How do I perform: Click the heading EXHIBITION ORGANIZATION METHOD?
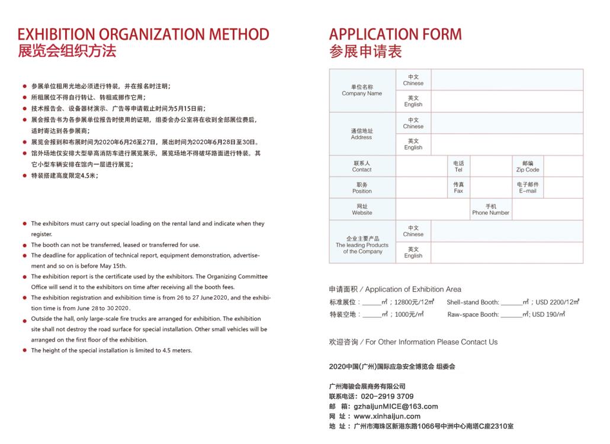[x=143, y=34]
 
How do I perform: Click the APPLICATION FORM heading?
[x=395, y=34]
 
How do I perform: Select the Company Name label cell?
[x=362, y=90]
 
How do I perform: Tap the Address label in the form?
[x=361, y=134]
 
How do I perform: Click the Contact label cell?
[x=362, y=166]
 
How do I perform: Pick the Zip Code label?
[x=527, y=166]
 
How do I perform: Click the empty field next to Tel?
[x=491, y=166]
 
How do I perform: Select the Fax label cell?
[x=458, y=188]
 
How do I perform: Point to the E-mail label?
[x=527, y=188]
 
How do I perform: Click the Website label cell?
[x=362, y=210]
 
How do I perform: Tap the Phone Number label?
[x=490, y=210]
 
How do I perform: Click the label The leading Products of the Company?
[x=362, y=245]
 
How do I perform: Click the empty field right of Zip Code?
[x=563, y=166]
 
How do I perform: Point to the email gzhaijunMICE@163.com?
[x=396, y=406]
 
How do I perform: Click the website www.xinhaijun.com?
[x=387, y=416]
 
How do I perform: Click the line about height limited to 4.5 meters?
[x=111, y=350]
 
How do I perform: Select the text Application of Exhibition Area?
[x=413, y=289]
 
